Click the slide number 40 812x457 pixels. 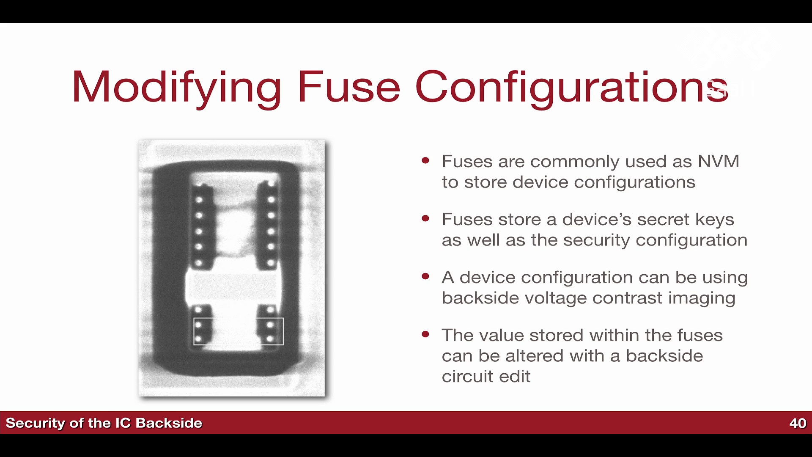[x=798, y=423]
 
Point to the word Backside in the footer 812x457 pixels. [x=169, y=423]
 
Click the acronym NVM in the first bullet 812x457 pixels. [x=718, y=162]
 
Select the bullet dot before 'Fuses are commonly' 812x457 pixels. [x=425, y=160]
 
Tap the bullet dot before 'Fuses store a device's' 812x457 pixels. [x=425, y=218]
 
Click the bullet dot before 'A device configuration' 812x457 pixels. [x=425, y=276]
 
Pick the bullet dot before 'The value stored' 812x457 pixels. [x=425, y=334]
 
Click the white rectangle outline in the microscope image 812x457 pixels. [x=239, y=318]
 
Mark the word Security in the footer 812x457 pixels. [x=35, y=424]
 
